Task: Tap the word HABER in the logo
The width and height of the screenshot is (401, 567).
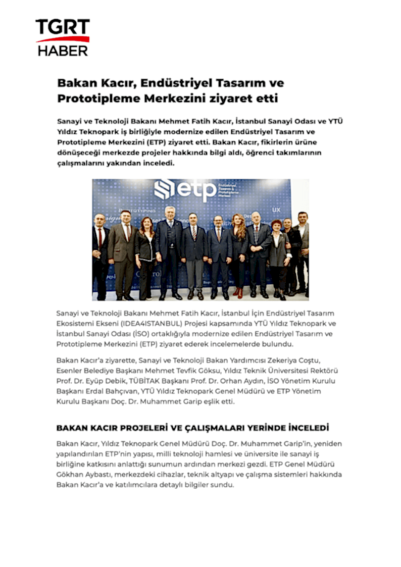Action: pos(63,50)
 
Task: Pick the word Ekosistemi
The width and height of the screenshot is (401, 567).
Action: pos(74,323)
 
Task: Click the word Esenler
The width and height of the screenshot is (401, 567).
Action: pos(70,370)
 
